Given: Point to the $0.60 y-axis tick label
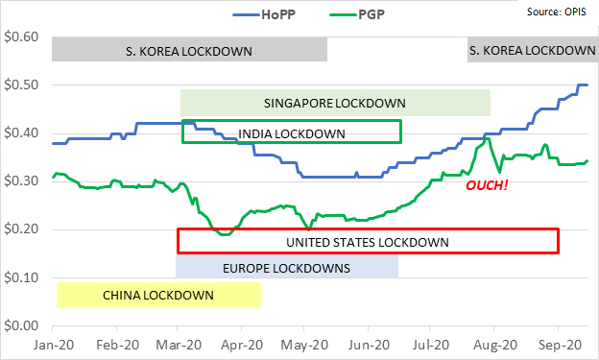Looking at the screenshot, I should [20, 36].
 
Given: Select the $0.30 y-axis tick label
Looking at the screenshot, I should [20, 180].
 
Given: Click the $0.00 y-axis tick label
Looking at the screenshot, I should [20, 326].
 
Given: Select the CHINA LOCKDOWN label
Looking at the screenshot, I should [157, 295].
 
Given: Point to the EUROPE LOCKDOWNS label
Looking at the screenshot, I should [286, 268].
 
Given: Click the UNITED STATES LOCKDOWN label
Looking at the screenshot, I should [367, 242].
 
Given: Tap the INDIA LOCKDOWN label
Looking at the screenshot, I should [291, 132].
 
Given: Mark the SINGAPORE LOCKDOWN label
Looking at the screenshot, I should [334, 103].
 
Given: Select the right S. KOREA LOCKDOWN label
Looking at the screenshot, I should [531, 50].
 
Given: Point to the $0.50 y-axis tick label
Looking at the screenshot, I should [20, 84].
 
